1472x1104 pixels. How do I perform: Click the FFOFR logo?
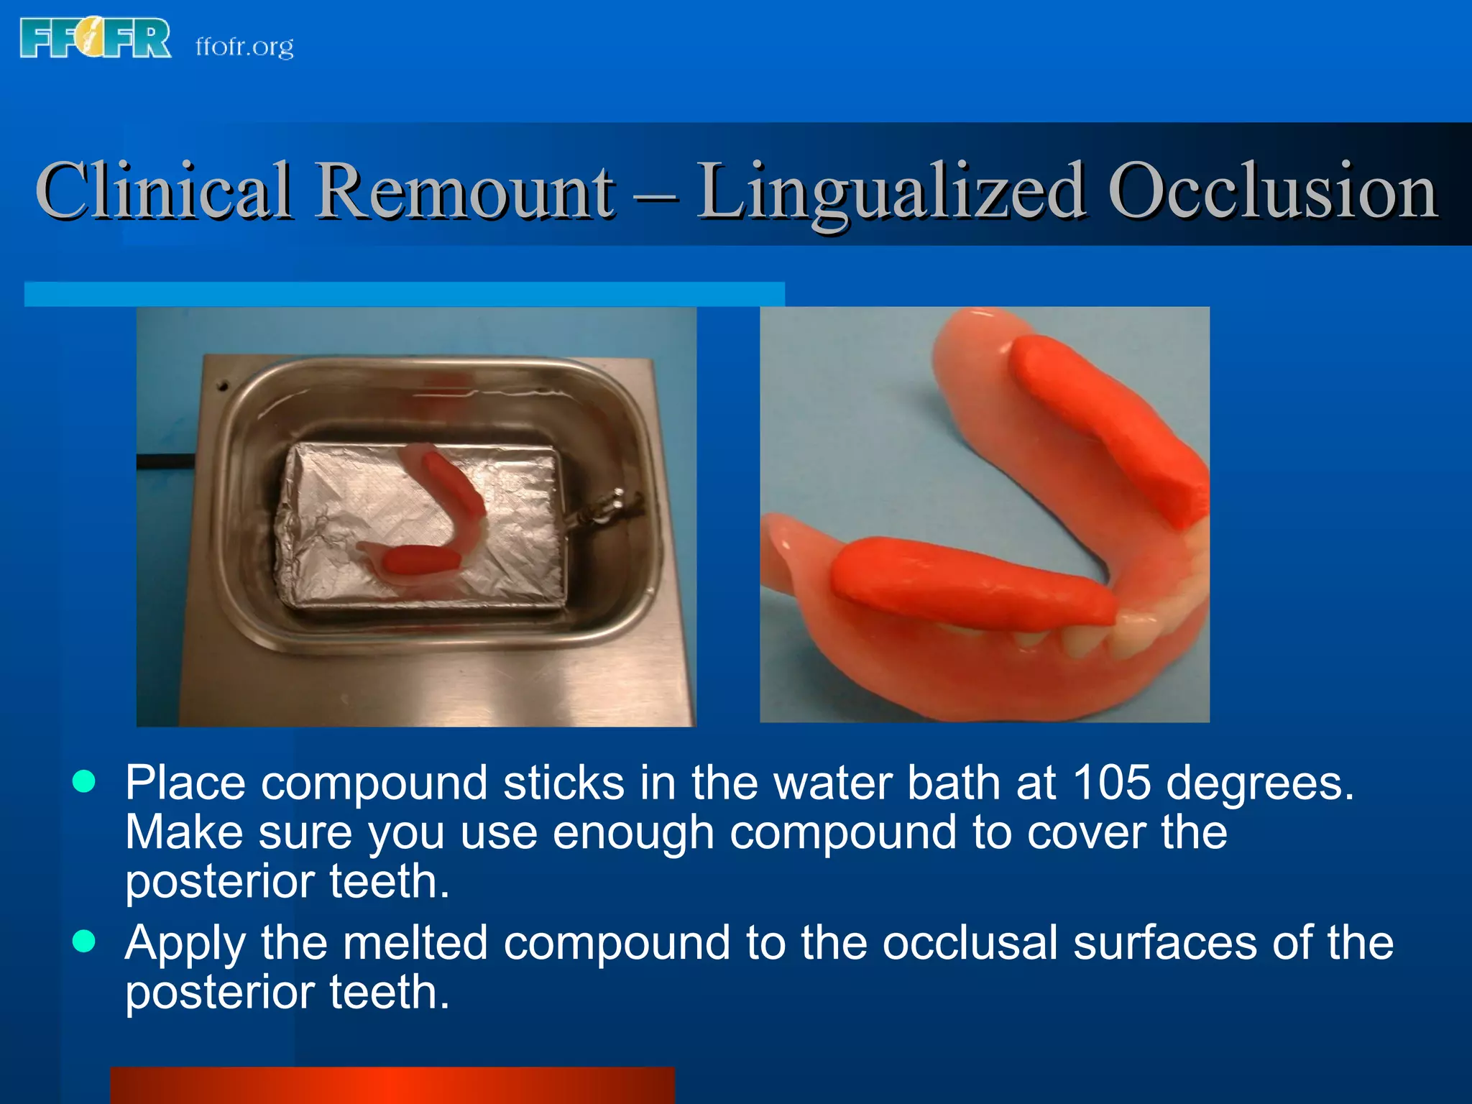[x=96, y=38]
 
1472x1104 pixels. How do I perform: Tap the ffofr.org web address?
[x=244, y=47]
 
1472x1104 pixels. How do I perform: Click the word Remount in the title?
[x=466, y=190]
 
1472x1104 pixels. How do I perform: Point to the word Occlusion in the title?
[x=1272, y=190]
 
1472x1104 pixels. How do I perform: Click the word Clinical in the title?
[x=164, y=190]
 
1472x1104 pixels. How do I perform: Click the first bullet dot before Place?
[x=84, y=781]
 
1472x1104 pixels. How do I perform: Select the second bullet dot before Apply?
[x=84, y=941]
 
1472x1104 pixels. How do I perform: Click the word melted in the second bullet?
[x=415, y=942]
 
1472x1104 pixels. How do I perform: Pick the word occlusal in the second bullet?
[x=970, y=942]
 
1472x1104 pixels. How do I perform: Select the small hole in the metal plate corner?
[x=223, y=387]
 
